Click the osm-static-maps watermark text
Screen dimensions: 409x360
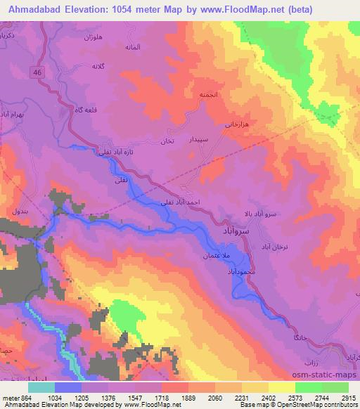[320, 377]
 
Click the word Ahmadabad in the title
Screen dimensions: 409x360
[34, 9]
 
